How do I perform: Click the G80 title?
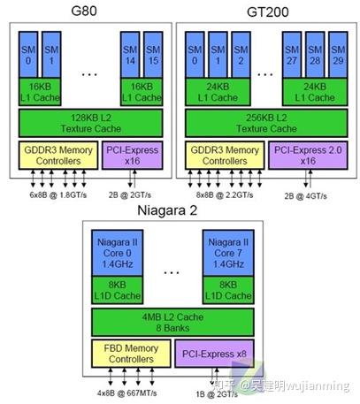[x=84, y=11]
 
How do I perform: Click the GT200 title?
[x=267, y=12]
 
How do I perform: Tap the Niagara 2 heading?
[x=167, y=210]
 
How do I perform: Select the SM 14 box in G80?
[x=130, y=55]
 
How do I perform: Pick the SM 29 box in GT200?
[x=338, y=55]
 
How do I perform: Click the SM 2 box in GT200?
[x=241, y=55]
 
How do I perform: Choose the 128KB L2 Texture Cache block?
[x=90, y=123]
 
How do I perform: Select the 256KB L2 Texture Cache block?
[x=266, y=123]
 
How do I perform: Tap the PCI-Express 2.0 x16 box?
[x=308, y=156]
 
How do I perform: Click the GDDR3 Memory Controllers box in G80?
[x=58, y=156]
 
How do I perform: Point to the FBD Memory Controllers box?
[x=131, y=354]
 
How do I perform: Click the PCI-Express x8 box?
[x=214, y=354]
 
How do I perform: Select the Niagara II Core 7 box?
[x=228, y=253]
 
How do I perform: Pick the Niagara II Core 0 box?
[x=118, y=253]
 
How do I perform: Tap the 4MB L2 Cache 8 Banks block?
[x=172, y=322]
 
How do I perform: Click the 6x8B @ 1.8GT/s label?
[x=58, y=194]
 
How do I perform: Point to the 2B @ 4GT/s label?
[x=305, y=196]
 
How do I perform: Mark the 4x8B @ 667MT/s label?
[x=126, y=393]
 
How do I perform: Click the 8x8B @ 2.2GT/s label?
[x=225, y=194]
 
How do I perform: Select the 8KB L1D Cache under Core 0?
[x=118, y=290]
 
